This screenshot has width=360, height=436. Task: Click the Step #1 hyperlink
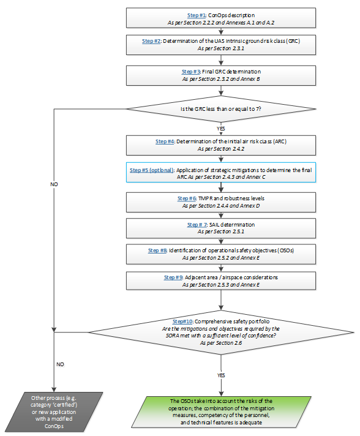[x=197, y=15]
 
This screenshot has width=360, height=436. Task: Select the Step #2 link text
[x=151, y=41]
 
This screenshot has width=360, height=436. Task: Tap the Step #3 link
[x=191, y=72]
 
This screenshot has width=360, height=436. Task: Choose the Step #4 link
[x=165, y=141]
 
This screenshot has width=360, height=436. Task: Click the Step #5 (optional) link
[x=152, y=170]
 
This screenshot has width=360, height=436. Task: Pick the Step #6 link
[x=187, y=198]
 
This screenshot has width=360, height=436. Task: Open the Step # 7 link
[x=197, y=225]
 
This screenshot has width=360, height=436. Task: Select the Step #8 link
[x=157, y=250]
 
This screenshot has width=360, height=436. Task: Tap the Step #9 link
[x=173, y=277]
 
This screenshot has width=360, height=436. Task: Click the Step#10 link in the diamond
[x=182, y=321]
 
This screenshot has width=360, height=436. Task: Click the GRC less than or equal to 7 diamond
[x=221, y=109]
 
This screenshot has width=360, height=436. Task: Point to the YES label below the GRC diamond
[x=221, y=129]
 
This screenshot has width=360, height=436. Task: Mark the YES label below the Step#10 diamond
[x=221, y=375]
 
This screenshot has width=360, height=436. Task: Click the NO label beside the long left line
[x=54, y=184]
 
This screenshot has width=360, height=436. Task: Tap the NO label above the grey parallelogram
[x=60, y=364]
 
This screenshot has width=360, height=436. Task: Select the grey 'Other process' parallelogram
[x=54, y=412]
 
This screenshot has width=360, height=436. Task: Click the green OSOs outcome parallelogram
[x=221, y=412]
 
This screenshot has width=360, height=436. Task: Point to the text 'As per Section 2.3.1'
[x=221, y=48]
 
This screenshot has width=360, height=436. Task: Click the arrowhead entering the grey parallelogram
[x=54, y=389]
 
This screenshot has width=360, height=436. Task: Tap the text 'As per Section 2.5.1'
[x=221, y=231]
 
